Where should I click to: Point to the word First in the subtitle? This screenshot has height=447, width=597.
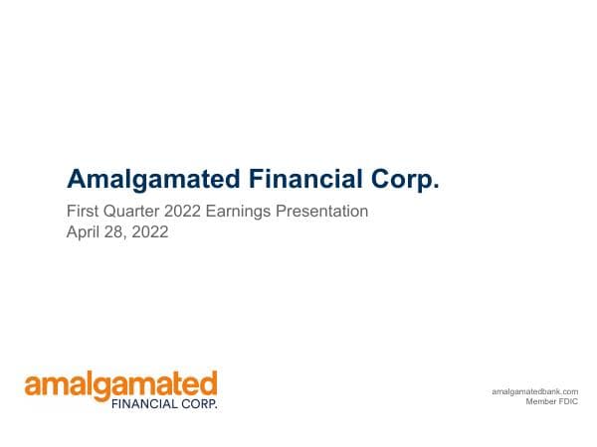pos(82,212)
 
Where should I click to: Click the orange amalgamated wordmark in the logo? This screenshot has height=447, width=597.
pos(120,384)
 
